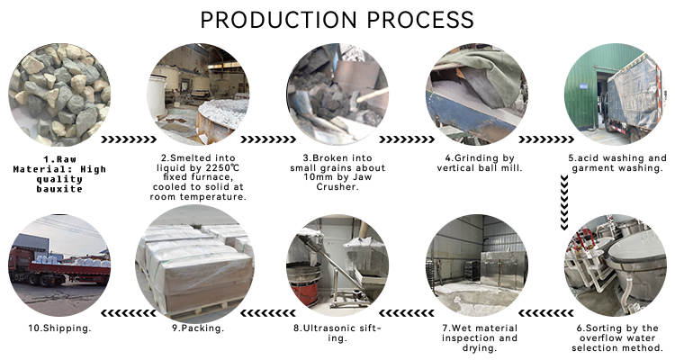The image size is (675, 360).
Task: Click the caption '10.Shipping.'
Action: pos(58,328)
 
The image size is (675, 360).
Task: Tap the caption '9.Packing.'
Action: pos(198,328)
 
